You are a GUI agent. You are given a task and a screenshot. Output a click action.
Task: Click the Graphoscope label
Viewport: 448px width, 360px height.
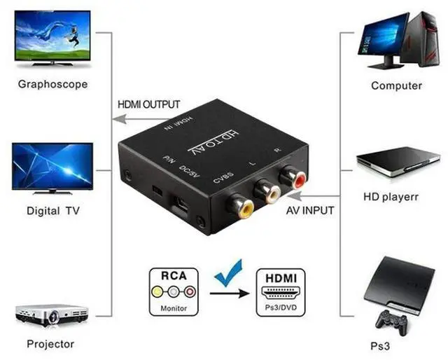[52, 84]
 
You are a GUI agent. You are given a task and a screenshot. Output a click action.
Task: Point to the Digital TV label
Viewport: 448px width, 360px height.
[54, 210]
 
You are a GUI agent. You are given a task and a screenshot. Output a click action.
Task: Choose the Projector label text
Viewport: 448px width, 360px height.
[50, 344]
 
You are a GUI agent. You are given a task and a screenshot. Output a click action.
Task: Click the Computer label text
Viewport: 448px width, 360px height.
[396, 85]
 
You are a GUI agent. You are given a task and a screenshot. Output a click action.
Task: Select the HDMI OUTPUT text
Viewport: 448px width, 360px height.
[149, 104]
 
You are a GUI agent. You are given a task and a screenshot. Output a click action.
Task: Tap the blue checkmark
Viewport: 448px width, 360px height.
[227, 272]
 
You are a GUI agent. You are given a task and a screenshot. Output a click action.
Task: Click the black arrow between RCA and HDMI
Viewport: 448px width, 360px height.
[231, 292]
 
